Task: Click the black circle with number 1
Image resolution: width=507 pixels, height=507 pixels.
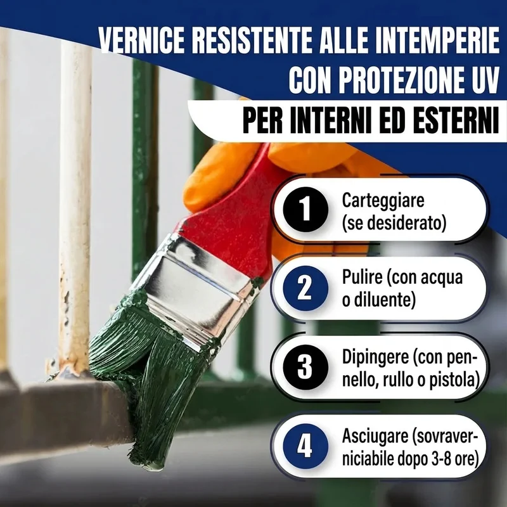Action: click(305, 210)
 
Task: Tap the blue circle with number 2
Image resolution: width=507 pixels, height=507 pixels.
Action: click(305, 288)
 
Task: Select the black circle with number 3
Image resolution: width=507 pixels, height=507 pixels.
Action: click(305, 368)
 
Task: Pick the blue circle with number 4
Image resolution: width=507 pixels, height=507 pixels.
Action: click(305, 447)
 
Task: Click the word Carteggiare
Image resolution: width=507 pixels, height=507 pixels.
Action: click(383, 201)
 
